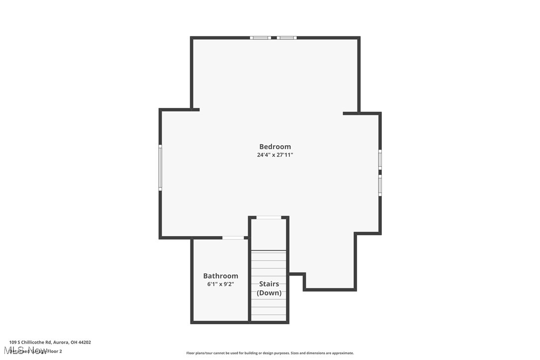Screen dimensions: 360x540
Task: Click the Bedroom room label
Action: coord(275,147)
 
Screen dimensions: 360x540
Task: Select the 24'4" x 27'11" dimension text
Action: coord(275,155)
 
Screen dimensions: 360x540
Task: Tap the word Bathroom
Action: coord(220,276)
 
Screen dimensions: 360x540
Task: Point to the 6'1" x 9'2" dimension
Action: coord(220,284)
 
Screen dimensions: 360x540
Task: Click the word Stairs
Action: coord(269,284)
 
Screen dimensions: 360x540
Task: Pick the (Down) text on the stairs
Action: coord(269,293)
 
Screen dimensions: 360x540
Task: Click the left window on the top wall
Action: coord(260,37)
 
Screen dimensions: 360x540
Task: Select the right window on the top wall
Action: coord(286,37)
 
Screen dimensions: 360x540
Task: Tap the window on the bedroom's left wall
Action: coord(160,167)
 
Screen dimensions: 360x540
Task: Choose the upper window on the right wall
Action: coord(380,159)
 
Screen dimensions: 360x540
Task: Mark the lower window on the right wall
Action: coord(380,185)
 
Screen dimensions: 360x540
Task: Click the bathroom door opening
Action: coord(233,238)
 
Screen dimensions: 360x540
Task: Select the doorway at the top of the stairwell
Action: coord(269,217)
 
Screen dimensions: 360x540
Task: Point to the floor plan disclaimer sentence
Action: coord(270,353)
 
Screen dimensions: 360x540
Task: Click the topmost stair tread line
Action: coord(269,251)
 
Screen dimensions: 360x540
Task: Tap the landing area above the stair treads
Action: coord(269,234)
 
